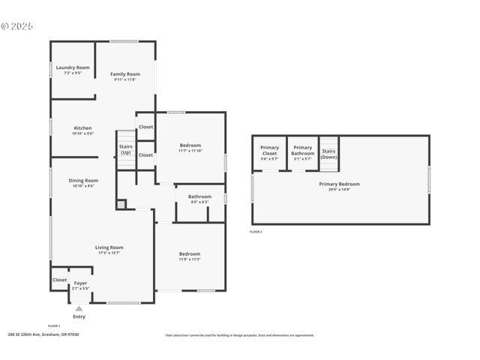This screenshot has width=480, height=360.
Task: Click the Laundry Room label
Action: coord(73,67)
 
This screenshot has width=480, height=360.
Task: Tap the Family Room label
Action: coord(125,74)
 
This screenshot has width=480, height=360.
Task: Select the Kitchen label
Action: coord(83,128)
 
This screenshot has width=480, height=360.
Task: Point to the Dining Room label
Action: coord(83,180)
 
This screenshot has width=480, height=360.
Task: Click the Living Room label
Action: coord(109,247)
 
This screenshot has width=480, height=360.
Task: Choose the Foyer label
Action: coord(80,283)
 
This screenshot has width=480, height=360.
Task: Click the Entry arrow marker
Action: coord(79,308)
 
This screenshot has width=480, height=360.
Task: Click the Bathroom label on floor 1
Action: coord(199,196)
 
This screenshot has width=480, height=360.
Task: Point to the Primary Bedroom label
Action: coord(339,184)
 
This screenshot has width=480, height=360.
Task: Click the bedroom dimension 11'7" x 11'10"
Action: coord(190,151)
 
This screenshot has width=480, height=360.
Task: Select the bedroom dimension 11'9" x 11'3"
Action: coord(190,259)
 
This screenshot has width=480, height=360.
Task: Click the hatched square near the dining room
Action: coord(121,203)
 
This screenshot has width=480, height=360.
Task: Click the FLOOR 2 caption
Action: coord(256,232)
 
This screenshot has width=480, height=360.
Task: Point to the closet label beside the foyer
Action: coord(59,280)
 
